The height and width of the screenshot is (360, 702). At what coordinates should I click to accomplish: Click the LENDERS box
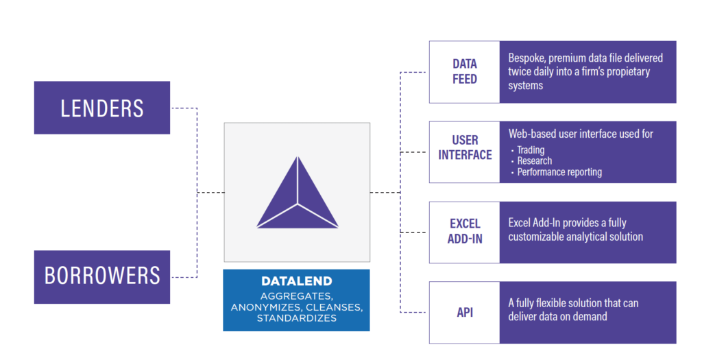[x=102, y=108]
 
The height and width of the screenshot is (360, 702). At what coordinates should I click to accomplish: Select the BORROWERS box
[x=102, y=277]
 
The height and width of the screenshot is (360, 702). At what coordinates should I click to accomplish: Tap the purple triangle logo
[x=298, y=193]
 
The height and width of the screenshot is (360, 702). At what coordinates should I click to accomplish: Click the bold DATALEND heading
[x=297, y=281]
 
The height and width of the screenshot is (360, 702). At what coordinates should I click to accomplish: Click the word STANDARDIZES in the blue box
[x=297, y=318]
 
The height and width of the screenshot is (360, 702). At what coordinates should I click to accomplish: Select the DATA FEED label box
[x=464, y=71]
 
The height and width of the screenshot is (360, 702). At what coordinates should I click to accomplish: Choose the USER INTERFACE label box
[x=464, y=152]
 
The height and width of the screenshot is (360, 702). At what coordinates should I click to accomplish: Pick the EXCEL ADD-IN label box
[x=464, y=232]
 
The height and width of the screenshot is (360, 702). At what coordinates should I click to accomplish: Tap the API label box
[x=464, y=313]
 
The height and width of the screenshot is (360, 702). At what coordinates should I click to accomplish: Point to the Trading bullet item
[x=531, y=150]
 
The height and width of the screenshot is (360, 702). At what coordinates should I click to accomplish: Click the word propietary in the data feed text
[x=628, y=72]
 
